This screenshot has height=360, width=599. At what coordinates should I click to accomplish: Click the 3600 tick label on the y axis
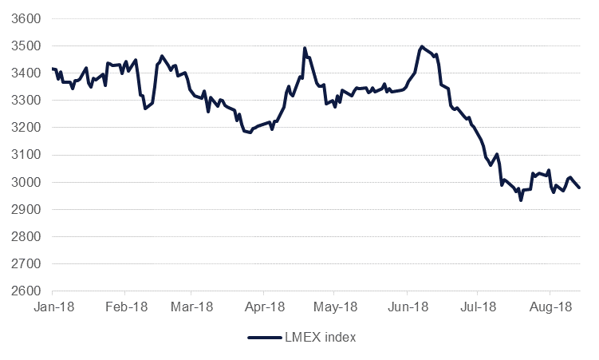pos(28,18)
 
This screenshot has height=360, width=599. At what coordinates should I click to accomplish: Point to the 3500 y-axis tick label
pos(28,45)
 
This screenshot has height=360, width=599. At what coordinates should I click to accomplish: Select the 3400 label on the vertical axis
pos(28,73)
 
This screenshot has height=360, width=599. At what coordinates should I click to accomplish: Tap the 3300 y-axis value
pos(28,101)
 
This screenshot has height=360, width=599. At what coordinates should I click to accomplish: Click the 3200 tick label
pos(28,128)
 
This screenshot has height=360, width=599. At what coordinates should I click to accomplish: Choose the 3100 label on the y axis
pos(28,155)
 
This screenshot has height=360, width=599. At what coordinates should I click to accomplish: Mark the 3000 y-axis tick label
pos(28,182)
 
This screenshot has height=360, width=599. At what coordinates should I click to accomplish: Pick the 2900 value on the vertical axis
pos(28,209)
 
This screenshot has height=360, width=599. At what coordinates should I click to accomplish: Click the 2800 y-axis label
pos(28,236)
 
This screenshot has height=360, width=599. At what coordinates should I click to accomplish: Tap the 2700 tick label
pos(28,263)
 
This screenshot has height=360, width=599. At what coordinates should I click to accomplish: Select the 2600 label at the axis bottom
pos(28,291)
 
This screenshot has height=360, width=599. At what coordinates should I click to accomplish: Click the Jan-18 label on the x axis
pos(53,306)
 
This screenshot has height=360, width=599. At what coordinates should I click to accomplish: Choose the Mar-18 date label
pos(192,306)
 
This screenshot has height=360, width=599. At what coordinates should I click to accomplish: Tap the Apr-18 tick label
pos(265,306)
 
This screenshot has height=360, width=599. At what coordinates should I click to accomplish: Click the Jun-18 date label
pos(408,306)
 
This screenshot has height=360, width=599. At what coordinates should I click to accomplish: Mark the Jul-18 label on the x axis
pos(478,306)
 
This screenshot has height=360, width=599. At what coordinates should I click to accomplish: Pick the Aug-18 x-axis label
pos(551,306)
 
